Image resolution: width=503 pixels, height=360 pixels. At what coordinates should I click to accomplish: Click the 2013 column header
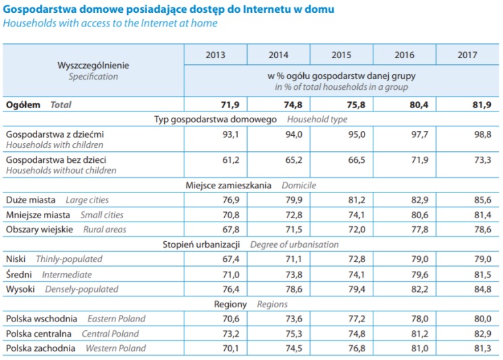[x=215, y=55]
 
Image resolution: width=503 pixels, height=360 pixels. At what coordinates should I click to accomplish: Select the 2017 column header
[x=467, y=55]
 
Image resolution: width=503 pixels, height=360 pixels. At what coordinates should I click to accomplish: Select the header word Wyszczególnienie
[x=93, y=66]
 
